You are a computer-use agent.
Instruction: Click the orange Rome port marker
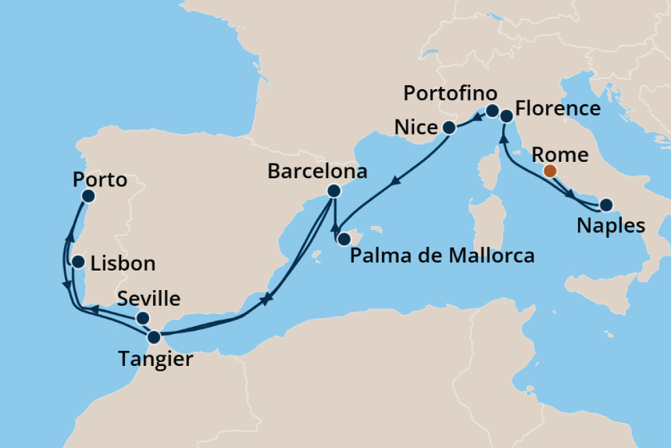[550, 170]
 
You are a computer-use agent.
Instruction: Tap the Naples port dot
[606, 206]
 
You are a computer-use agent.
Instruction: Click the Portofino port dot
[493, 111]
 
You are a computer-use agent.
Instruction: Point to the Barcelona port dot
[334, 191]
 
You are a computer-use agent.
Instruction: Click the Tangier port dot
[155, 338]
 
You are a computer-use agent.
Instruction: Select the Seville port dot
[143, 318]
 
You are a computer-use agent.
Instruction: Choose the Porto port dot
[88, 196]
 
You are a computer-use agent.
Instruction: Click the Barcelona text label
[306, 171]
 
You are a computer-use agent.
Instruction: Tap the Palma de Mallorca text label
[442, 255]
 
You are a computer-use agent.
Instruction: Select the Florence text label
[558, 108]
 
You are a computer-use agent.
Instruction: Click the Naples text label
[610, 227]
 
